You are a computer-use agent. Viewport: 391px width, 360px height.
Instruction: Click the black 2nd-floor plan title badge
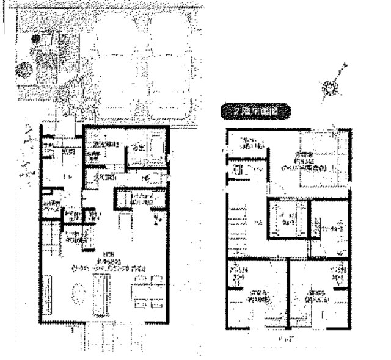point(255,111)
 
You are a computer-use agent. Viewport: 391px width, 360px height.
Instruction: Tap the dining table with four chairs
point(147,292)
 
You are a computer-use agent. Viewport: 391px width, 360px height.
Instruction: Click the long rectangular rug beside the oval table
point(101,293)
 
